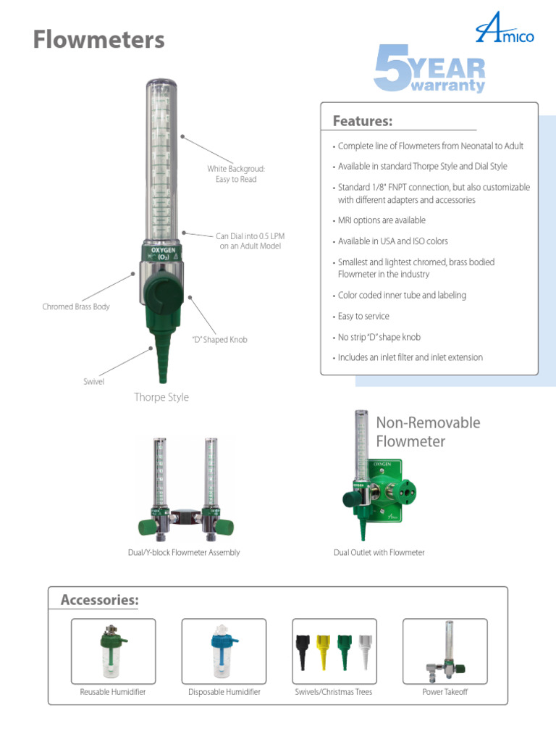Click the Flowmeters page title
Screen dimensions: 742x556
pos(98,40)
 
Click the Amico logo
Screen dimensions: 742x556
pos(505,32)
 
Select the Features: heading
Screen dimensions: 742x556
pos(362,120)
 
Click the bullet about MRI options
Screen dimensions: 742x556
pos(381,220)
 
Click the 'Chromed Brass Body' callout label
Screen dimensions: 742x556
pos(76,307)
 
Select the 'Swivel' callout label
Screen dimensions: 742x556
pos(94,381)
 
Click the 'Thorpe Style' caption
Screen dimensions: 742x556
pos(161,397)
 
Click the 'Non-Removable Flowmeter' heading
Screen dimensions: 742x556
pos(428,432)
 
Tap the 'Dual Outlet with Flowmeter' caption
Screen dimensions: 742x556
pos(379,553)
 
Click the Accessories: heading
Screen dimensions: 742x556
pos(99,600)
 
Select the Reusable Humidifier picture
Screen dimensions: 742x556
pos(113,651)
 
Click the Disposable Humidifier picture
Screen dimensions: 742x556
pos(224,651)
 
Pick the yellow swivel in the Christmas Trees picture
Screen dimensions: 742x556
pos(322,651)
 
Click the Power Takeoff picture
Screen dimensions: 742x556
pos(445,651)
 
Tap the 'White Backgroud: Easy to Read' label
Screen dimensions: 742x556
pos(236,174)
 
